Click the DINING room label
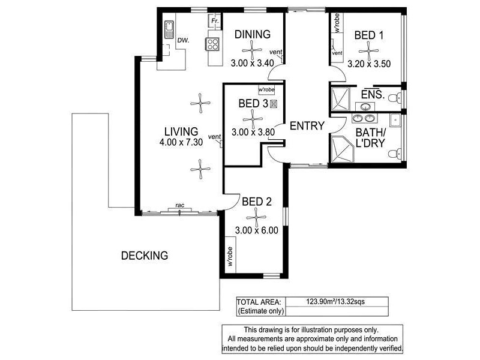tap(252, 34)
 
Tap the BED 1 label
tap(369, 35)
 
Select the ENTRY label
tap(307, 126)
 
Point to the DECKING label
tap(144, 256)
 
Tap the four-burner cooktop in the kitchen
tap(213, 43)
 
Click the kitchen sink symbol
tap(169, 28)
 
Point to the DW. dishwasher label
tap(184, 40)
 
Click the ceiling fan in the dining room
tap(252, 50)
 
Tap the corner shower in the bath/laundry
tap(343, 148)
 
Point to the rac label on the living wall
tap(179, 206)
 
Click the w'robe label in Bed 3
tap(266, 90)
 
